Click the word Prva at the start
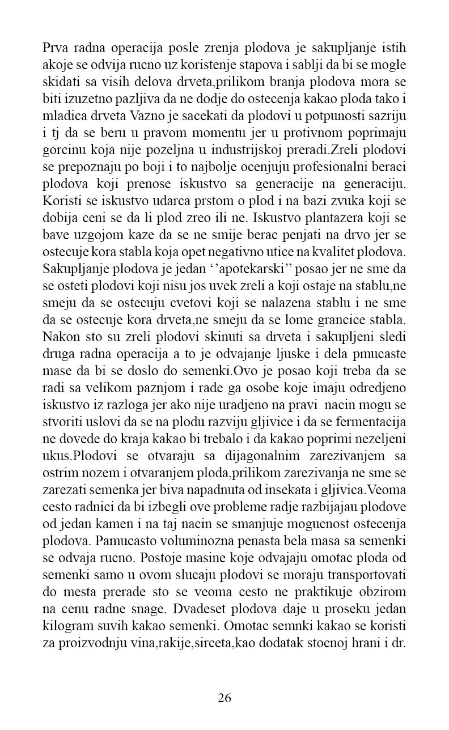click(x=56, y=47)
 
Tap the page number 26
click(x=224, y=698)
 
